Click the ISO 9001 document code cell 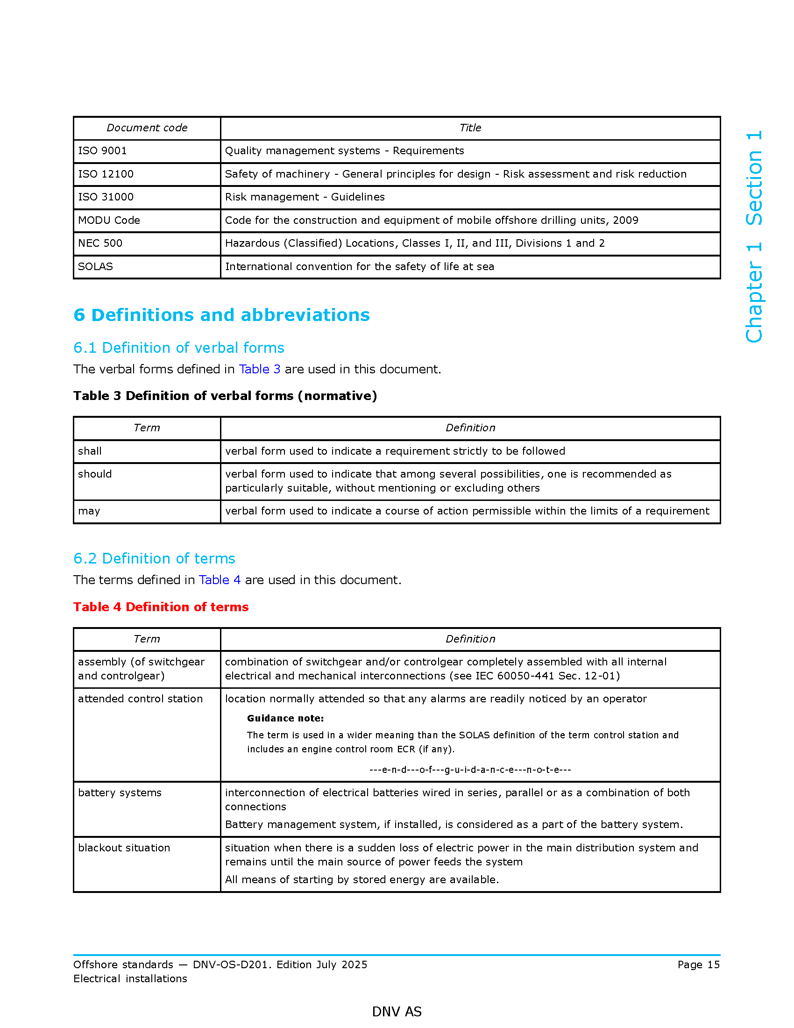tap(103, 150)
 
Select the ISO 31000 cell tap(106, 197)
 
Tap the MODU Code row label tap(109, 220)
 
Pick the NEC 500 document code tap(100, 243)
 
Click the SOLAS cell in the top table tap(95, 266)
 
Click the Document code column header tap(147, 128)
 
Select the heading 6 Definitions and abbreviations tap(221, 315)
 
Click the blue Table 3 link tap(260, 369)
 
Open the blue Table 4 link tap(220, 580)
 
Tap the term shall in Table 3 tap(90, 451)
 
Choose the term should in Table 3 tap(95, 474)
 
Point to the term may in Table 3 tap(89, 511)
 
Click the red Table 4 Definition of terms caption tap(161, 607)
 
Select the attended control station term tap(140, 699)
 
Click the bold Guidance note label tap(285, 718)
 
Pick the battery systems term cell tap(120, 792)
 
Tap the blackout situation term tap(124, 848)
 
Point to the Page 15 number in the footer tap(699, 964)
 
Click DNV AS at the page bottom tap(397, 1012)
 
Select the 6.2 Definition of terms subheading tap(154, 558)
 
